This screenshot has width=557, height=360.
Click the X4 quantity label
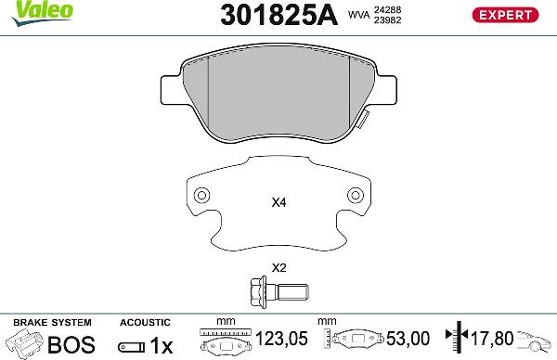278,202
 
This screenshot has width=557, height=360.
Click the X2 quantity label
278,268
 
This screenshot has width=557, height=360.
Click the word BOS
71,344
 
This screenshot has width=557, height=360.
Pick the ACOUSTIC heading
146,322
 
